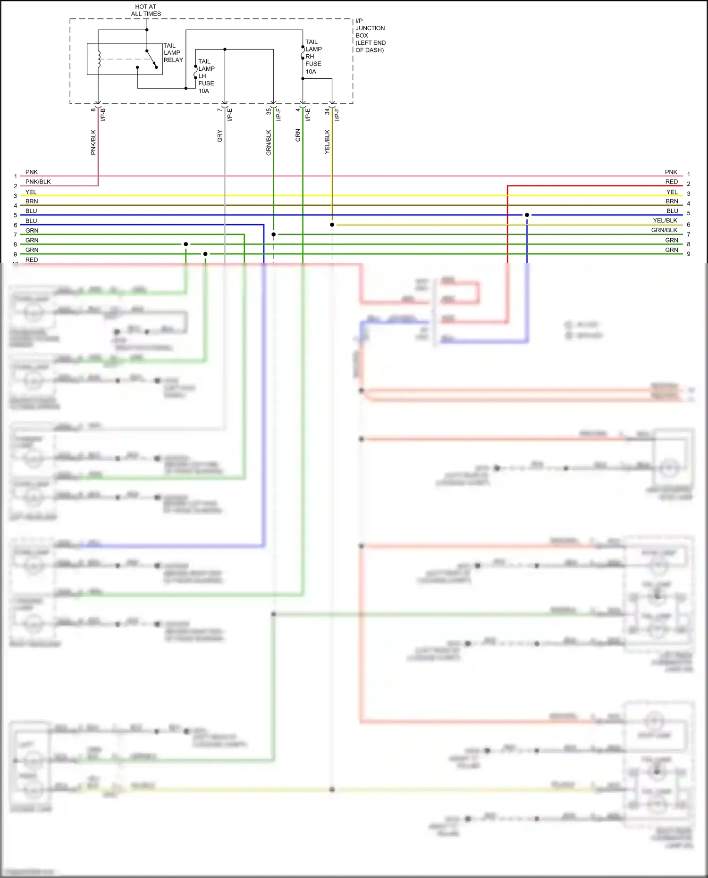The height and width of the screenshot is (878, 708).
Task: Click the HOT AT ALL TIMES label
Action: pyautogui.click(x=146, y=10)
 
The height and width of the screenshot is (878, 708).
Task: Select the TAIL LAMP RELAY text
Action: pyautogui.click(x=173, y=53)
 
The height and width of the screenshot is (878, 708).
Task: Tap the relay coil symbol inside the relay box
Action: pyautogui.click(x=99, y=59)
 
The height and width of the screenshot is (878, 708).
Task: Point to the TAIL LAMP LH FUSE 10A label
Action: pyautogui.click(x=206, y=76)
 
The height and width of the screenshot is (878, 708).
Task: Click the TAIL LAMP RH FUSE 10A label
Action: pyautogui.click(x=313, y=57)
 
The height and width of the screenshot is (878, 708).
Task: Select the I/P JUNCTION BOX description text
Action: pyautogui.click(x=370, y=35)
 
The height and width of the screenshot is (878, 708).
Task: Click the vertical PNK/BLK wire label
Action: pyautogui.click(x=93, y=142)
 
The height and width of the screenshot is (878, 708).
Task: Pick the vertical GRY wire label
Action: pyautogui.click(x=219, y=136)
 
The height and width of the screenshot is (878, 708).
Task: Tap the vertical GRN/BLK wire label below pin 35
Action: pyautogui.click(x=269, y=142)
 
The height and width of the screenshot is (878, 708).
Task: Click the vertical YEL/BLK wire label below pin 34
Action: pyautogui.click(x=327, y=142)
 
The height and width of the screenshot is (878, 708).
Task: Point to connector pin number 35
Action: pyautogui.click(x=268, y=112)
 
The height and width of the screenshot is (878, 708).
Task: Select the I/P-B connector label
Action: pyautogui.click(x=103, y=115)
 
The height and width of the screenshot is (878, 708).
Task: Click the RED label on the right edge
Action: pyautogui.click(x=671, y=182)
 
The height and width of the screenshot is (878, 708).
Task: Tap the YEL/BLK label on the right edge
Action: pyautogui.click(x=665, y=220)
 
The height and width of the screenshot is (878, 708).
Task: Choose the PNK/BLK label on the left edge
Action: pyautogui.click(x=38, y=182)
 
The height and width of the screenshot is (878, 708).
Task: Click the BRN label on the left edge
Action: pyautogui.click(x=32, y=201)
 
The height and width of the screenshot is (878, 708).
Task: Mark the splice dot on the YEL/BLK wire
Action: pyautogui.click(x=332, y=225)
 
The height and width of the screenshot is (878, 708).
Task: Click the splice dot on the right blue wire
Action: pyautogui.click(x=527, y=215)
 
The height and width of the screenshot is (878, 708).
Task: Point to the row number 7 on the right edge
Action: pyautogui.click(x=688, y=234)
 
